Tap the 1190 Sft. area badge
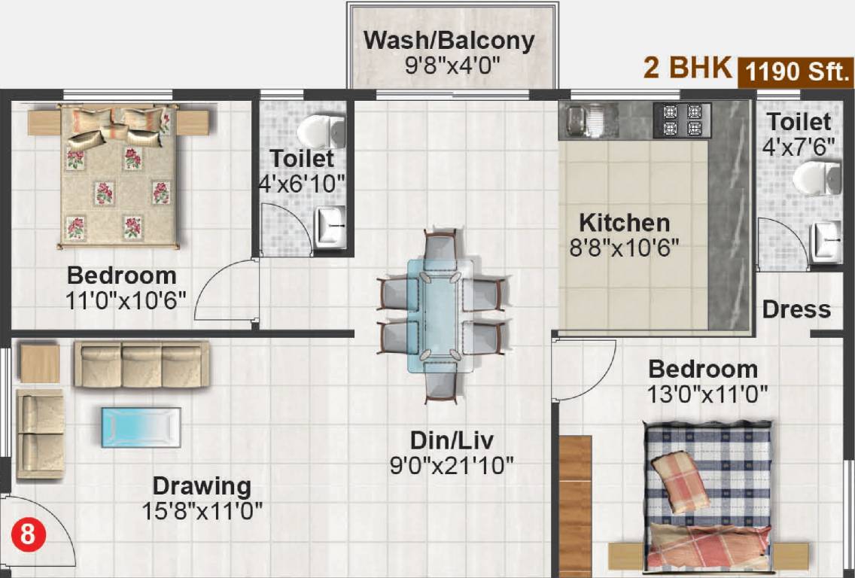tap(798, 72)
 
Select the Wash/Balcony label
tap(449, 40)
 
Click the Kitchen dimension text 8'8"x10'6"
tap(624, 248)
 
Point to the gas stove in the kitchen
tap(682, 120)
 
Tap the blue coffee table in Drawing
tap(141, 427)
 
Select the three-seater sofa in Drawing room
tap(141, 364)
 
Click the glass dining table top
tap(441, 316)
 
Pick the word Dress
tap(796, 309)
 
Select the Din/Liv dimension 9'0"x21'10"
tap(451, 465)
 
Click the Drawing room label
tap(202, 485)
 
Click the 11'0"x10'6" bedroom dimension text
tap(126, 299)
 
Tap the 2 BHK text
tap(686, 68)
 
